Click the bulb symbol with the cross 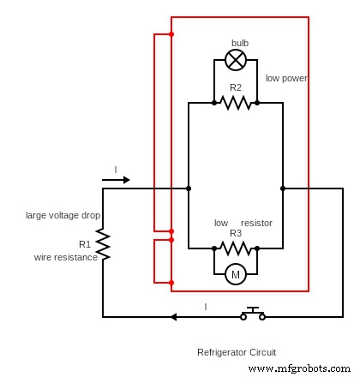pyautogui.click(x=236, y=59)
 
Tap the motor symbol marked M pyautogui.click(x=236, y=274)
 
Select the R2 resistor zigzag pyautogui.click(x=236, y=103)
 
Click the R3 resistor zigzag pyautogui.click(x=236, y=248)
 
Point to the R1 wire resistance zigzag pyautogui.click(x=103, y=244)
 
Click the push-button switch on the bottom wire pyautogui.click(x=252, y=314)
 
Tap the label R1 pyautogui.click(x=85, y=244)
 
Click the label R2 pyautogui.click(x=236, y=87)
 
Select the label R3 pyautogui.click(x=236, y=233)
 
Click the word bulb pyautogui.click(x=240, y=43)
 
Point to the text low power pyautogui.click(x=286, y=78)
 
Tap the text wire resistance pyautogui.click(x=66, y=256)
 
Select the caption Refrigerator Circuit pyautogui.click(x=237, y=352)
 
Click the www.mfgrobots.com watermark pyautogui.click(x=298, y=368)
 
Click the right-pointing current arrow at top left pyautogui.click(x=116, y=180)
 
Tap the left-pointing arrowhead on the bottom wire pyautogui.click(x=173, y=317)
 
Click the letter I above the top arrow pyautogui.click(x=116, y=170)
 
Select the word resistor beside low pyautogui.click(x=256, y=223)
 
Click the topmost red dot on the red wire pyautogui.click(x=171, y=34)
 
